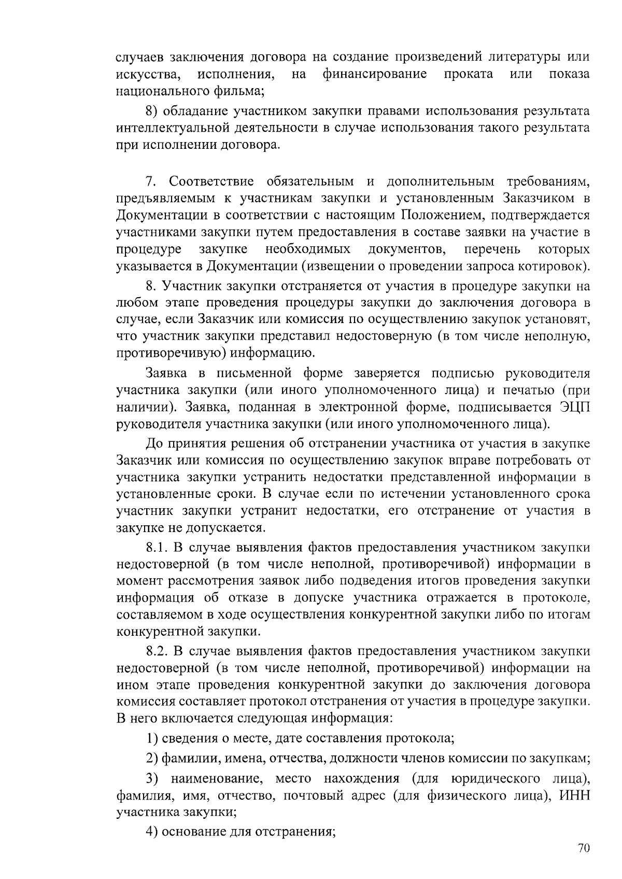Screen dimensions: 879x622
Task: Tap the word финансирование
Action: click(375, 74)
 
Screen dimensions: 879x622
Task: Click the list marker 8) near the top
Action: click(151, 111)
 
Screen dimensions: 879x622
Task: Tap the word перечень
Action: click(492, 249)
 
